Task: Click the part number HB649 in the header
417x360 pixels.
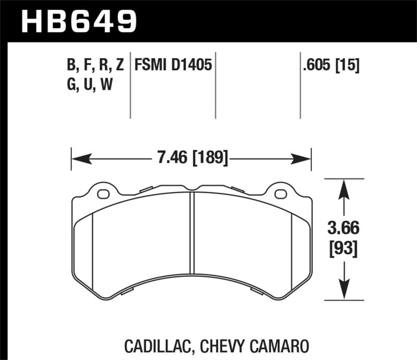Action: coord(78,21)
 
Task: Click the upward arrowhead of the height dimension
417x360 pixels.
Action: coord(343,185)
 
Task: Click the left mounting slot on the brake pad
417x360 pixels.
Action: coord(104,195)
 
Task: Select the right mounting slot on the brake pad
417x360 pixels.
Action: coord(280,195)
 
